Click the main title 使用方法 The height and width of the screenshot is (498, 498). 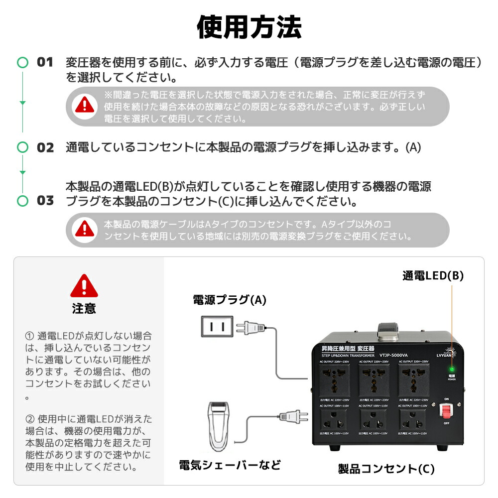[x=249, y=27]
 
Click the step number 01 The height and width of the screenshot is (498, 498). [x=45, y=63]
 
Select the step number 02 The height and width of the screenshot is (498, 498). [x=45, y=148]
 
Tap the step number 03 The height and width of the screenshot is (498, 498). [x=45, y=201]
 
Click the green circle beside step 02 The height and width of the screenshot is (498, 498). [x=22, y=147]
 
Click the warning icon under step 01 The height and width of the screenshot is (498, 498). [x=84, y=106]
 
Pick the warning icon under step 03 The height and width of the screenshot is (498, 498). [x=84, y=230]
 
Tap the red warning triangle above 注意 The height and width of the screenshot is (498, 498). [x=84, y=286]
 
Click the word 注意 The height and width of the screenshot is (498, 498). [x=84, y=309]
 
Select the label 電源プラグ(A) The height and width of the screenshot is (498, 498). [x=230, y=300]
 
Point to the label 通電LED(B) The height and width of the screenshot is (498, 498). [x=433, y=276]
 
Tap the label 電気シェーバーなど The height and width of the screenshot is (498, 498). [x=230, y=465]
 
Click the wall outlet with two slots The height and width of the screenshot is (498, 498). [x=217, y=327]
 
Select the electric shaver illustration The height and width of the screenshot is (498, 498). [x=217, y=426]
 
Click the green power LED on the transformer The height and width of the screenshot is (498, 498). [x=452, y=370]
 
